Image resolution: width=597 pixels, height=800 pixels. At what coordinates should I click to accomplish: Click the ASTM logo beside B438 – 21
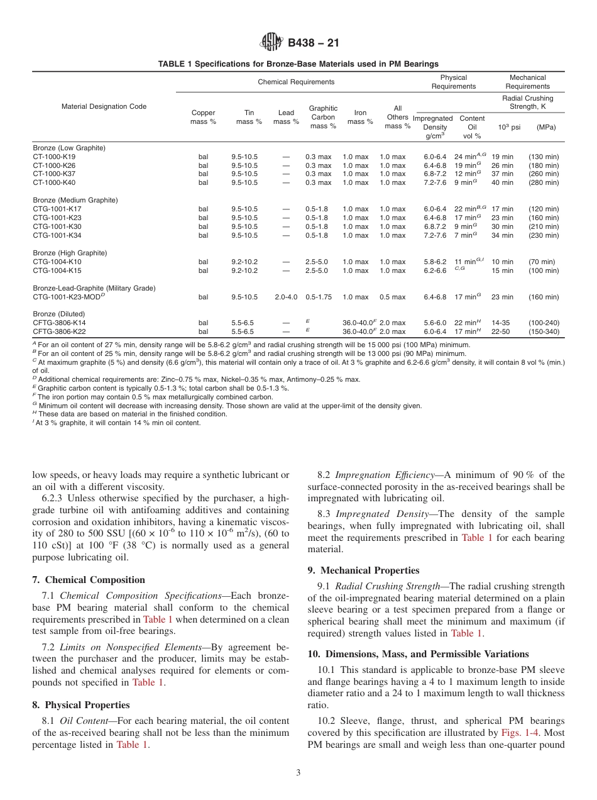271,43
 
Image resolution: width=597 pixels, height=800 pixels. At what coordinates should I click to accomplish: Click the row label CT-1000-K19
54,157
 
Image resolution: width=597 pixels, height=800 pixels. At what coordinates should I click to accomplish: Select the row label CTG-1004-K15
57,271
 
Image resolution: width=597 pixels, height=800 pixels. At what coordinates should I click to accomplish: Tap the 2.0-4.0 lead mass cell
286,297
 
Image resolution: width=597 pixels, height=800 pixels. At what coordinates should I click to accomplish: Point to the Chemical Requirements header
296,82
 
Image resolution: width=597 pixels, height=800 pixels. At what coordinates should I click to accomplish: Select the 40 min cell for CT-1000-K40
502,183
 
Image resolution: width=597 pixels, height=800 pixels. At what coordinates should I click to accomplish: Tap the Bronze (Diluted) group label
58,314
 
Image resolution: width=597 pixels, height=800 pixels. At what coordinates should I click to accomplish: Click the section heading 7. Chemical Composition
89,580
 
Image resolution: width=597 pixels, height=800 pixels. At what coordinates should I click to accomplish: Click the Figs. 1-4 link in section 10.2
518,733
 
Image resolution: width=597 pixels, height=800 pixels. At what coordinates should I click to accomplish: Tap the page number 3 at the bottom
298,772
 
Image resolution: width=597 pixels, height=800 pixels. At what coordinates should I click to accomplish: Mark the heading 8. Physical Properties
81,705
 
